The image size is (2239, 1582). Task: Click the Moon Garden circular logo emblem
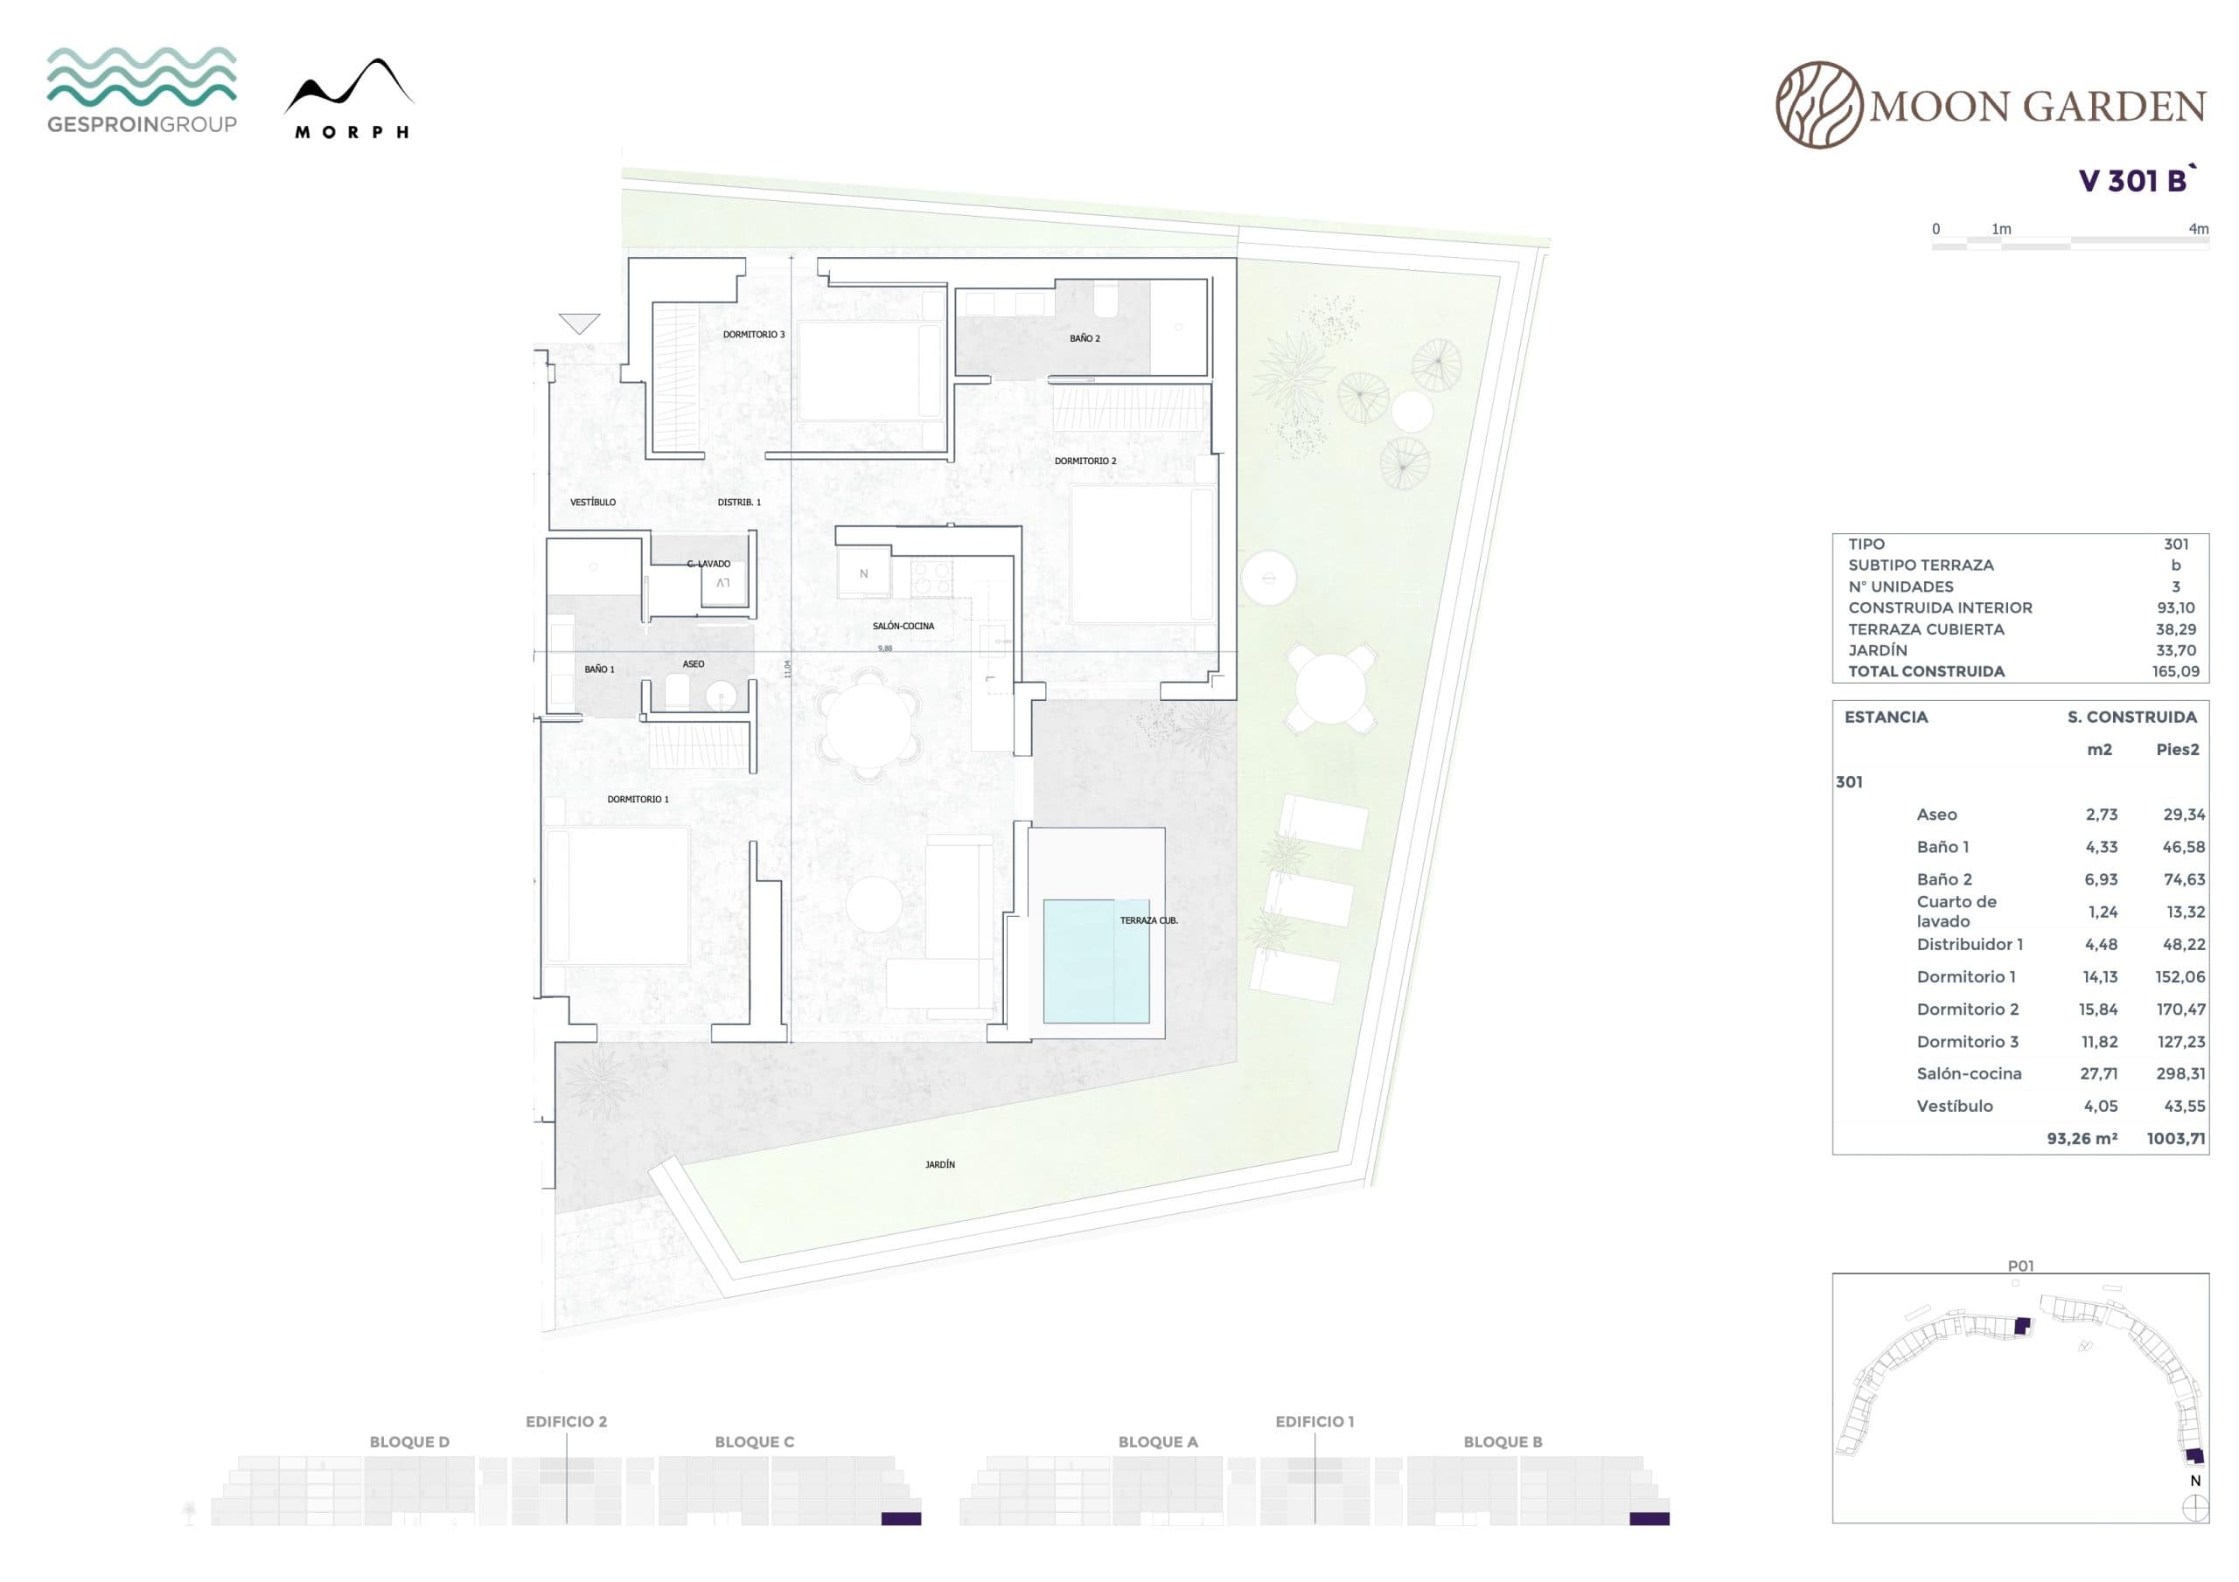(x=1818, y=105)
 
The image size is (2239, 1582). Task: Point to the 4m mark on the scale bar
(x=2198, y=229)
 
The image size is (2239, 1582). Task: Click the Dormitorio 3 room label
(x=753, y=335)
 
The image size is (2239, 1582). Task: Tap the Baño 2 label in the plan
(x=1085, y=338)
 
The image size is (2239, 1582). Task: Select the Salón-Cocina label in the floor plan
(x=903, y=626)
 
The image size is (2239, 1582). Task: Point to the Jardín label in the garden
(x=940, y=1164)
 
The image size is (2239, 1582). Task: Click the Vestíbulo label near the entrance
(x=593, y=502)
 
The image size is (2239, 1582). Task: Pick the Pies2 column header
(x=2178, y=750)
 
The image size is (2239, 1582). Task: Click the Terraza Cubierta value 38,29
(x=2176, y=628)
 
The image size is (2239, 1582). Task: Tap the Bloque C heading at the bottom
(x=754, y=1441)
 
